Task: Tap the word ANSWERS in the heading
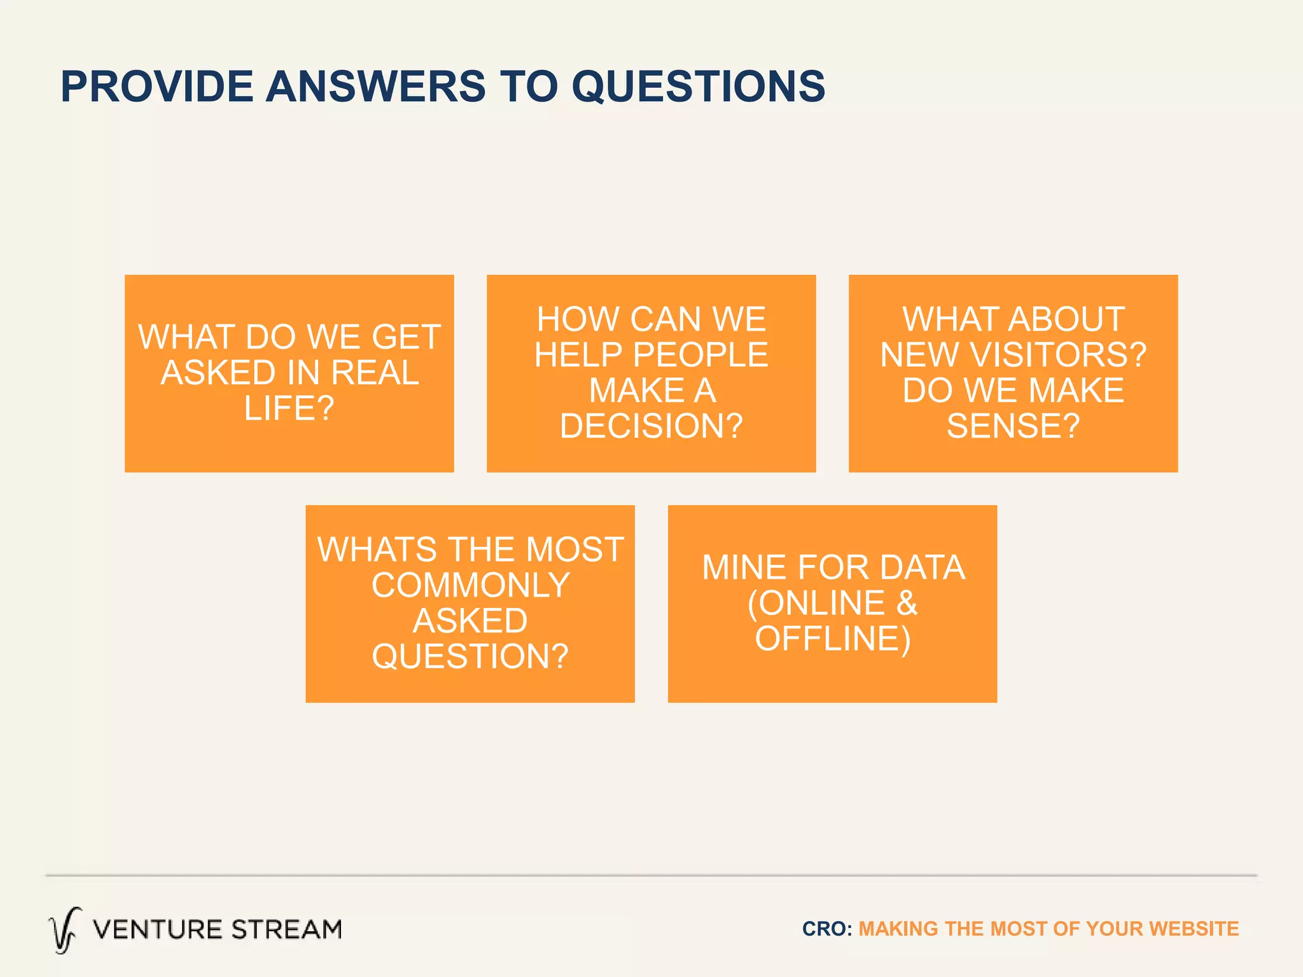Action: point(375,87)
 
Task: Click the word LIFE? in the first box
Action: point(289,408)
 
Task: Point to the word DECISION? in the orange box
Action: point(651,426)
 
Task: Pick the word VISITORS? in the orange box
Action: point(1057,355)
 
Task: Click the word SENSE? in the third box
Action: point(1013,426)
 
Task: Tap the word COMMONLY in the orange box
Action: point(470,585)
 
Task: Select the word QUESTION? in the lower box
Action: point(470,656)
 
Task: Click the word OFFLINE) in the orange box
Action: point(832,639)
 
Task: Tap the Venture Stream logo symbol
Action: point(64,930)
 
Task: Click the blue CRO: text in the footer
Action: point(826,929)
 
